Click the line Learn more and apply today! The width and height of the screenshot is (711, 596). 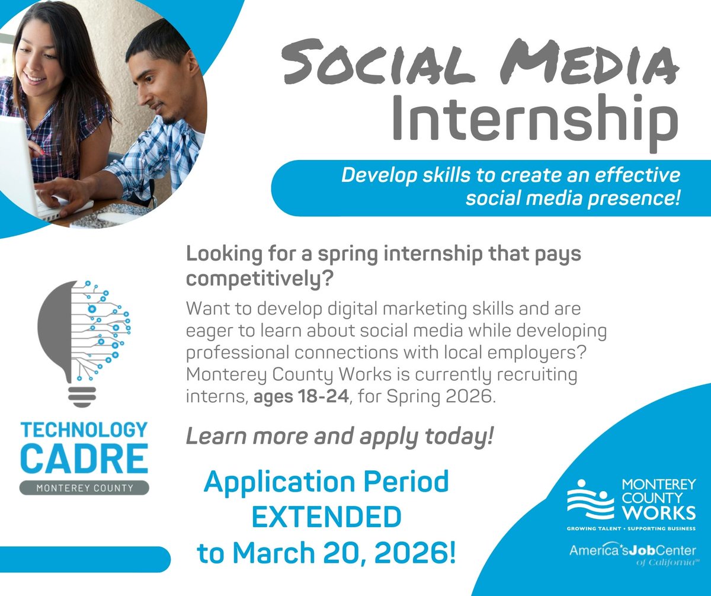340,437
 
